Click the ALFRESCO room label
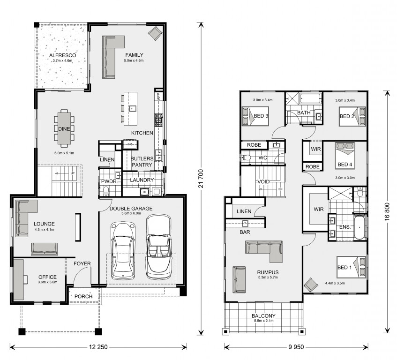[x=62, y=55]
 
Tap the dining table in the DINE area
[x=64, y=128]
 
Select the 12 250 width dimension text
[x=98, y=347]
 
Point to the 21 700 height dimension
[x=201, y=179]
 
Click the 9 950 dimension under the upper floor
[x=296, y=347]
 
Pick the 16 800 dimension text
[x=387, y=212]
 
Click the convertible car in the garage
[x=158, y=247]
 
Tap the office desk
[x=19, y=279]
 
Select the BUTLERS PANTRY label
[x=142, y=162]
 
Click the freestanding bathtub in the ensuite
[x=360, y=227]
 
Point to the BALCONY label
[x=263, y=315]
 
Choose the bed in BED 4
[x=345, y=156]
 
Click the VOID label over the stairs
[x=263, y=181]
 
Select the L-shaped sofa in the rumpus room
[x=264, y=251]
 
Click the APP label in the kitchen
[x=158, y=97]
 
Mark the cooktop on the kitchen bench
[x=158, y=120]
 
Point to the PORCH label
[x=83, y=296]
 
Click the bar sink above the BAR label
[x=245, y=224]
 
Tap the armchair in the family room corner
[x=155, y=33]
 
